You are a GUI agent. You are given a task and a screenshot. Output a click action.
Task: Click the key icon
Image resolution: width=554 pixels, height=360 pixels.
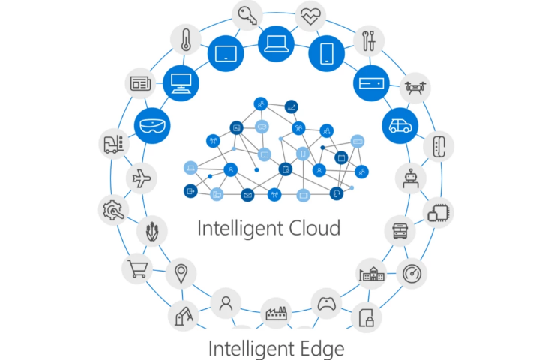247,13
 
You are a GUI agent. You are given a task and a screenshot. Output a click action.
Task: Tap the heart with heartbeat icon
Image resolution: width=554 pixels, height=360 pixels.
310,13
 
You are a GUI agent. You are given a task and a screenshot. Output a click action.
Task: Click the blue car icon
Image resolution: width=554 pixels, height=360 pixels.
399,124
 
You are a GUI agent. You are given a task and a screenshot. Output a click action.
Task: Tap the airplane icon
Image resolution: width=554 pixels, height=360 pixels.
140,178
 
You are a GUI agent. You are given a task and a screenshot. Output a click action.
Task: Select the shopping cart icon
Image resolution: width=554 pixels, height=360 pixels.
137,268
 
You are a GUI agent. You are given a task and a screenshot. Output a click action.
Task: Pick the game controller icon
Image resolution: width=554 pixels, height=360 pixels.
325,304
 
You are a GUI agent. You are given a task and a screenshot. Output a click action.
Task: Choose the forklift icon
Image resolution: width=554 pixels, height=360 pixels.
114,143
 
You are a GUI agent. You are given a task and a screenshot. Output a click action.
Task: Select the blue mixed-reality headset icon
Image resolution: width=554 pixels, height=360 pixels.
153,124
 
